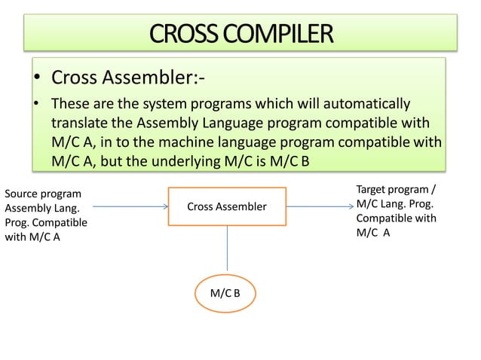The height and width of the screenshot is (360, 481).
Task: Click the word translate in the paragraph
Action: [78, 123]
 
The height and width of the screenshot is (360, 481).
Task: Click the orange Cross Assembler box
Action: [227, 206]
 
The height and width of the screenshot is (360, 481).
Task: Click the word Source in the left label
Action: [23, 194]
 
